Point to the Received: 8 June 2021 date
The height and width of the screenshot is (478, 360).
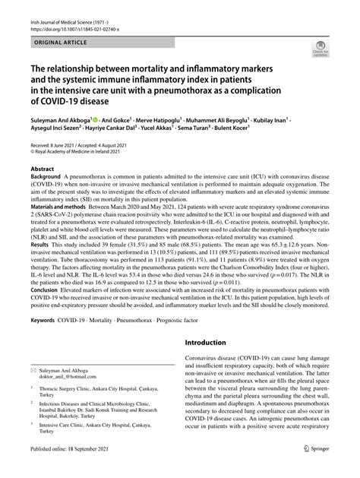click(55, 146)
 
